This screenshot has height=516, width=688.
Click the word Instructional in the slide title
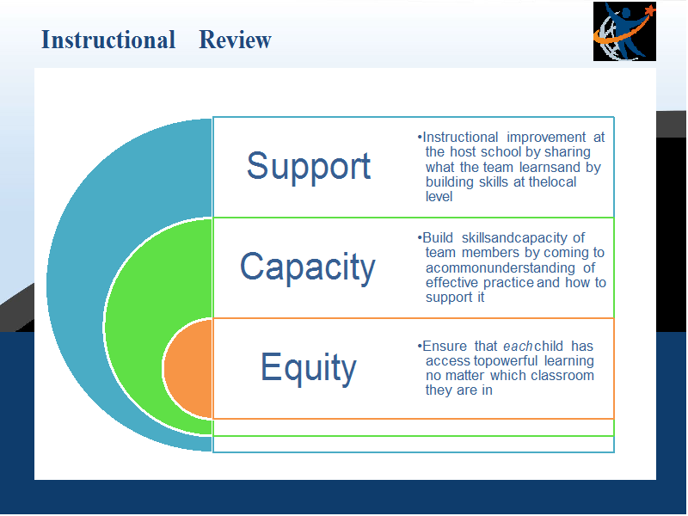(x=108, y=40)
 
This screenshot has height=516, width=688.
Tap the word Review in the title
(x=235, y=40)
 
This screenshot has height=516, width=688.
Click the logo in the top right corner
(x=624, y=31)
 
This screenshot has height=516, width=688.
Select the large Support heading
(x=309, y=167)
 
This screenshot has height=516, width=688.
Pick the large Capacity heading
(x=308, y=267)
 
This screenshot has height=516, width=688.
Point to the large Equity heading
(x=309, y=368)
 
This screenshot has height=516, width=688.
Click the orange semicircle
(x=188, y=369)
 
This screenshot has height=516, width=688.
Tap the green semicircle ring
(x=132, y=327)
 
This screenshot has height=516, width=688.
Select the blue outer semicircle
(x=75, y=286)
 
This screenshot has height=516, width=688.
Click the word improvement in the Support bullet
(x=546, y=138)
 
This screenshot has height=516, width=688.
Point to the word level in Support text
(x=439, y=197)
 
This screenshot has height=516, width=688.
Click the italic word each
(x=518, y=347)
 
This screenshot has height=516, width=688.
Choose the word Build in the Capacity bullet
(x=438, y=238)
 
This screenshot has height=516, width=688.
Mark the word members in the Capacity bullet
(x=490, y=253)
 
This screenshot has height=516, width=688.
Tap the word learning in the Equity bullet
(x=569, y=361)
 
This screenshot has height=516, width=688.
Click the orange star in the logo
(x=650, y=9)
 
